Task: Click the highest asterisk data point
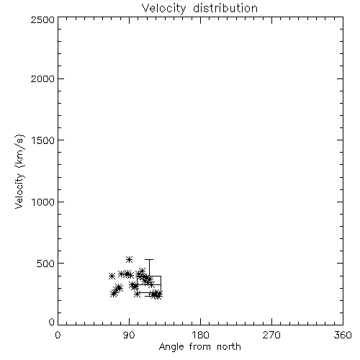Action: [x=130, y=259]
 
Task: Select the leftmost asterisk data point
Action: [x=112, y=276]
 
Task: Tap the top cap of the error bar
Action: [x=149, y=259]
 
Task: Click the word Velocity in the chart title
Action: [x=163, y=9]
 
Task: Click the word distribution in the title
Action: [x=225, y=9]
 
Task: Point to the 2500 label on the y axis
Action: [x=42, y=19]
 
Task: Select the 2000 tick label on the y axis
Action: [x=42, y=78]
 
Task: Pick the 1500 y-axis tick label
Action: [x=43, y=140]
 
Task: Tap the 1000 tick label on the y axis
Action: [x=43, y=202]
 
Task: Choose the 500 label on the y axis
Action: [x=46, y=264]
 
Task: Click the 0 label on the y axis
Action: [x=52, y=322]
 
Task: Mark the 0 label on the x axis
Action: [x=58, y=335]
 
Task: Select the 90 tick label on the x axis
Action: [x=129, y=335]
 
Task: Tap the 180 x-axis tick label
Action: [x=200, y=335]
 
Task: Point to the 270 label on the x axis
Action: [x=271, y=335]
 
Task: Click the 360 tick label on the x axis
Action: [x=343, y=335]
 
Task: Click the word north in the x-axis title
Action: [x=229, y=347]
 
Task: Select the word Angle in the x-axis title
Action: [x=171, y=347]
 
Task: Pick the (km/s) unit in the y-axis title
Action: [x=19, y=151]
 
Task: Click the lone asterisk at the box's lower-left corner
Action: [x=137, y=294]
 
